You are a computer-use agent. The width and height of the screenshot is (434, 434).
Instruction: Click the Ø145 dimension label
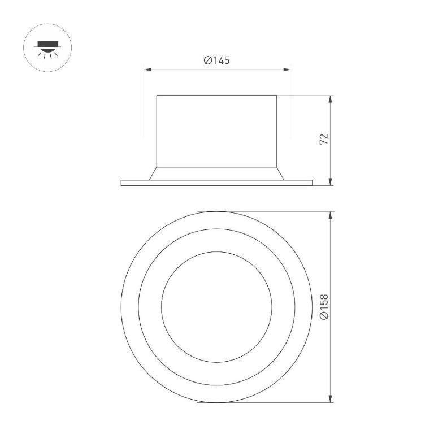click(x=217, y=60)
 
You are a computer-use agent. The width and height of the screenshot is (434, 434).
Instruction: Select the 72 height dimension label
click(x=324, y=139)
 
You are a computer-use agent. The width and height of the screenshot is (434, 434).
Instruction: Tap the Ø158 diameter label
click(x=324, y=307)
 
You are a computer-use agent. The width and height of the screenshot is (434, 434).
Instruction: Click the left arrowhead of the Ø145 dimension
click(x=147, y=70)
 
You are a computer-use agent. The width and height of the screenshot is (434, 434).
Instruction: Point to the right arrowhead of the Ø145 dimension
click(x=287, y=70)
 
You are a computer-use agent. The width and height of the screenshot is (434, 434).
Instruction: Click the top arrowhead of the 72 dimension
click(x=330, y=99)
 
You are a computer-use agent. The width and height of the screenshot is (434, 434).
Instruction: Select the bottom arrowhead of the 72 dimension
click(x=330, y=182)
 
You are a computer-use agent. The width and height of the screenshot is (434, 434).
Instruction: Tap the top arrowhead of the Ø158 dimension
click(x=330, y=215)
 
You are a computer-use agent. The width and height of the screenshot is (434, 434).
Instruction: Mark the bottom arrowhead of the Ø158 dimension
click(x=330, y=399)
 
